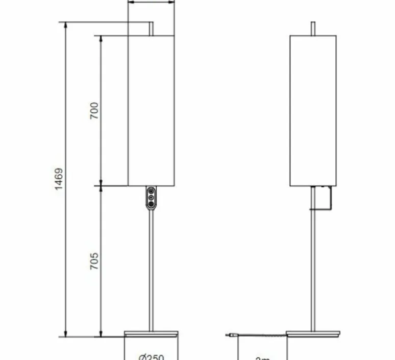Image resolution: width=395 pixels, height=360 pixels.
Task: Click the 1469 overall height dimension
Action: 59,179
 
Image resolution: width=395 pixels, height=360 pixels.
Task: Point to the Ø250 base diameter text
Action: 151,357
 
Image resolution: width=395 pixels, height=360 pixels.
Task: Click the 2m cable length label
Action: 262,358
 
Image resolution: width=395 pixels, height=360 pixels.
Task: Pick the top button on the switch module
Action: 151,191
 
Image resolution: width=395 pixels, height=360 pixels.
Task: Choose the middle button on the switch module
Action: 151,197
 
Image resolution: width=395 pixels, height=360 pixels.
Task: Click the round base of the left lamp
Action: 151,333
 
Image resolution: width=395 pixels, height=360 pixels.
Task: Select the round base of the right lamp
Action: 313,333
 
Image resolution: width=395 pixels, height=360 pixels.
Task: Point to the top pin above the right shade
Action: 313,29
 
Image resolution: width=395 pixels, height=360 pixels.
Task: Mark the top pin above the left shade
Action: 151,29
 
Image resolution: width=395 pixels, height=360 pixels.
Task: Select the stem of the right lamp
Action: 313,266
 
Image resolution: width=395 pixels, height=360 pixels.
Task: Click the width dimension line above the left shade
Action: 151,2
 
